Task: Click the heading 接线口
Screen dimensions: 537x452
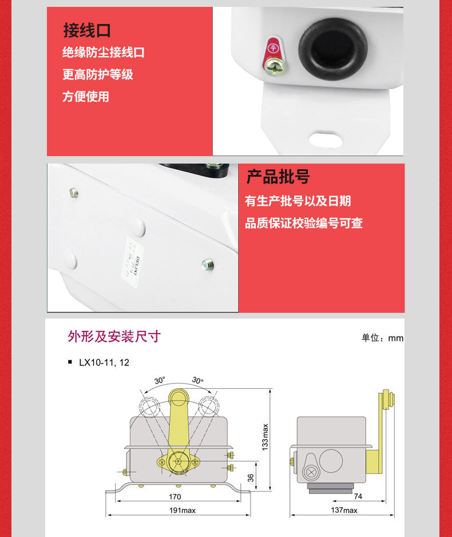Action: point(86,30)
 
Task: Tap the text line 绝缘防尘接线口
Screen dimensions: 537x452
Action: point(103,53)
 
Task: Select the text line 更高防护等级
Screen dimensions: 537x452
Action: point(97,74)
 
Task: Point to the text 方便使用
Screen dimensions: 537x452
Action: point(85,97)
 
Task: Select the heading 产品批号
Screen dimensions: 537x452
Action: point(277,177)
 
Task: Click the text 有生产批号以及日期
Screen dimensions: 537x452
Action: point(298,201)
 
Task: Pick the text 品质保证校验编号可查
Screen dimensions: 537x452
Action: point(304,223)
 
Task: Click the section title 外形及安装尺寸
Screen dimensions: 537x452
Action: point(114,336)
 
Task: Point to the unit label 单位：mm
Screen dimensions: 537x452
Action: point(382,338)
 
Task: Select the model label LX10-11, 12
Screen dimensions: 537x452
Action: point(100,363)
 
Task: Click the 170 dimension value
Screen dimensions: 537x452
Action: point(177,496)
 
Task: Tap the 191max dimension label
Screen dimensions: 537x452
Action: point(181,510)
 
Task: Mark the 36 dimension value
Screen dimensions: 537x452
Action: point(251,478)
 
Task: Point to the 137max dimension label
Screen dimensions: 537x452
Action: point(344,510)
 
